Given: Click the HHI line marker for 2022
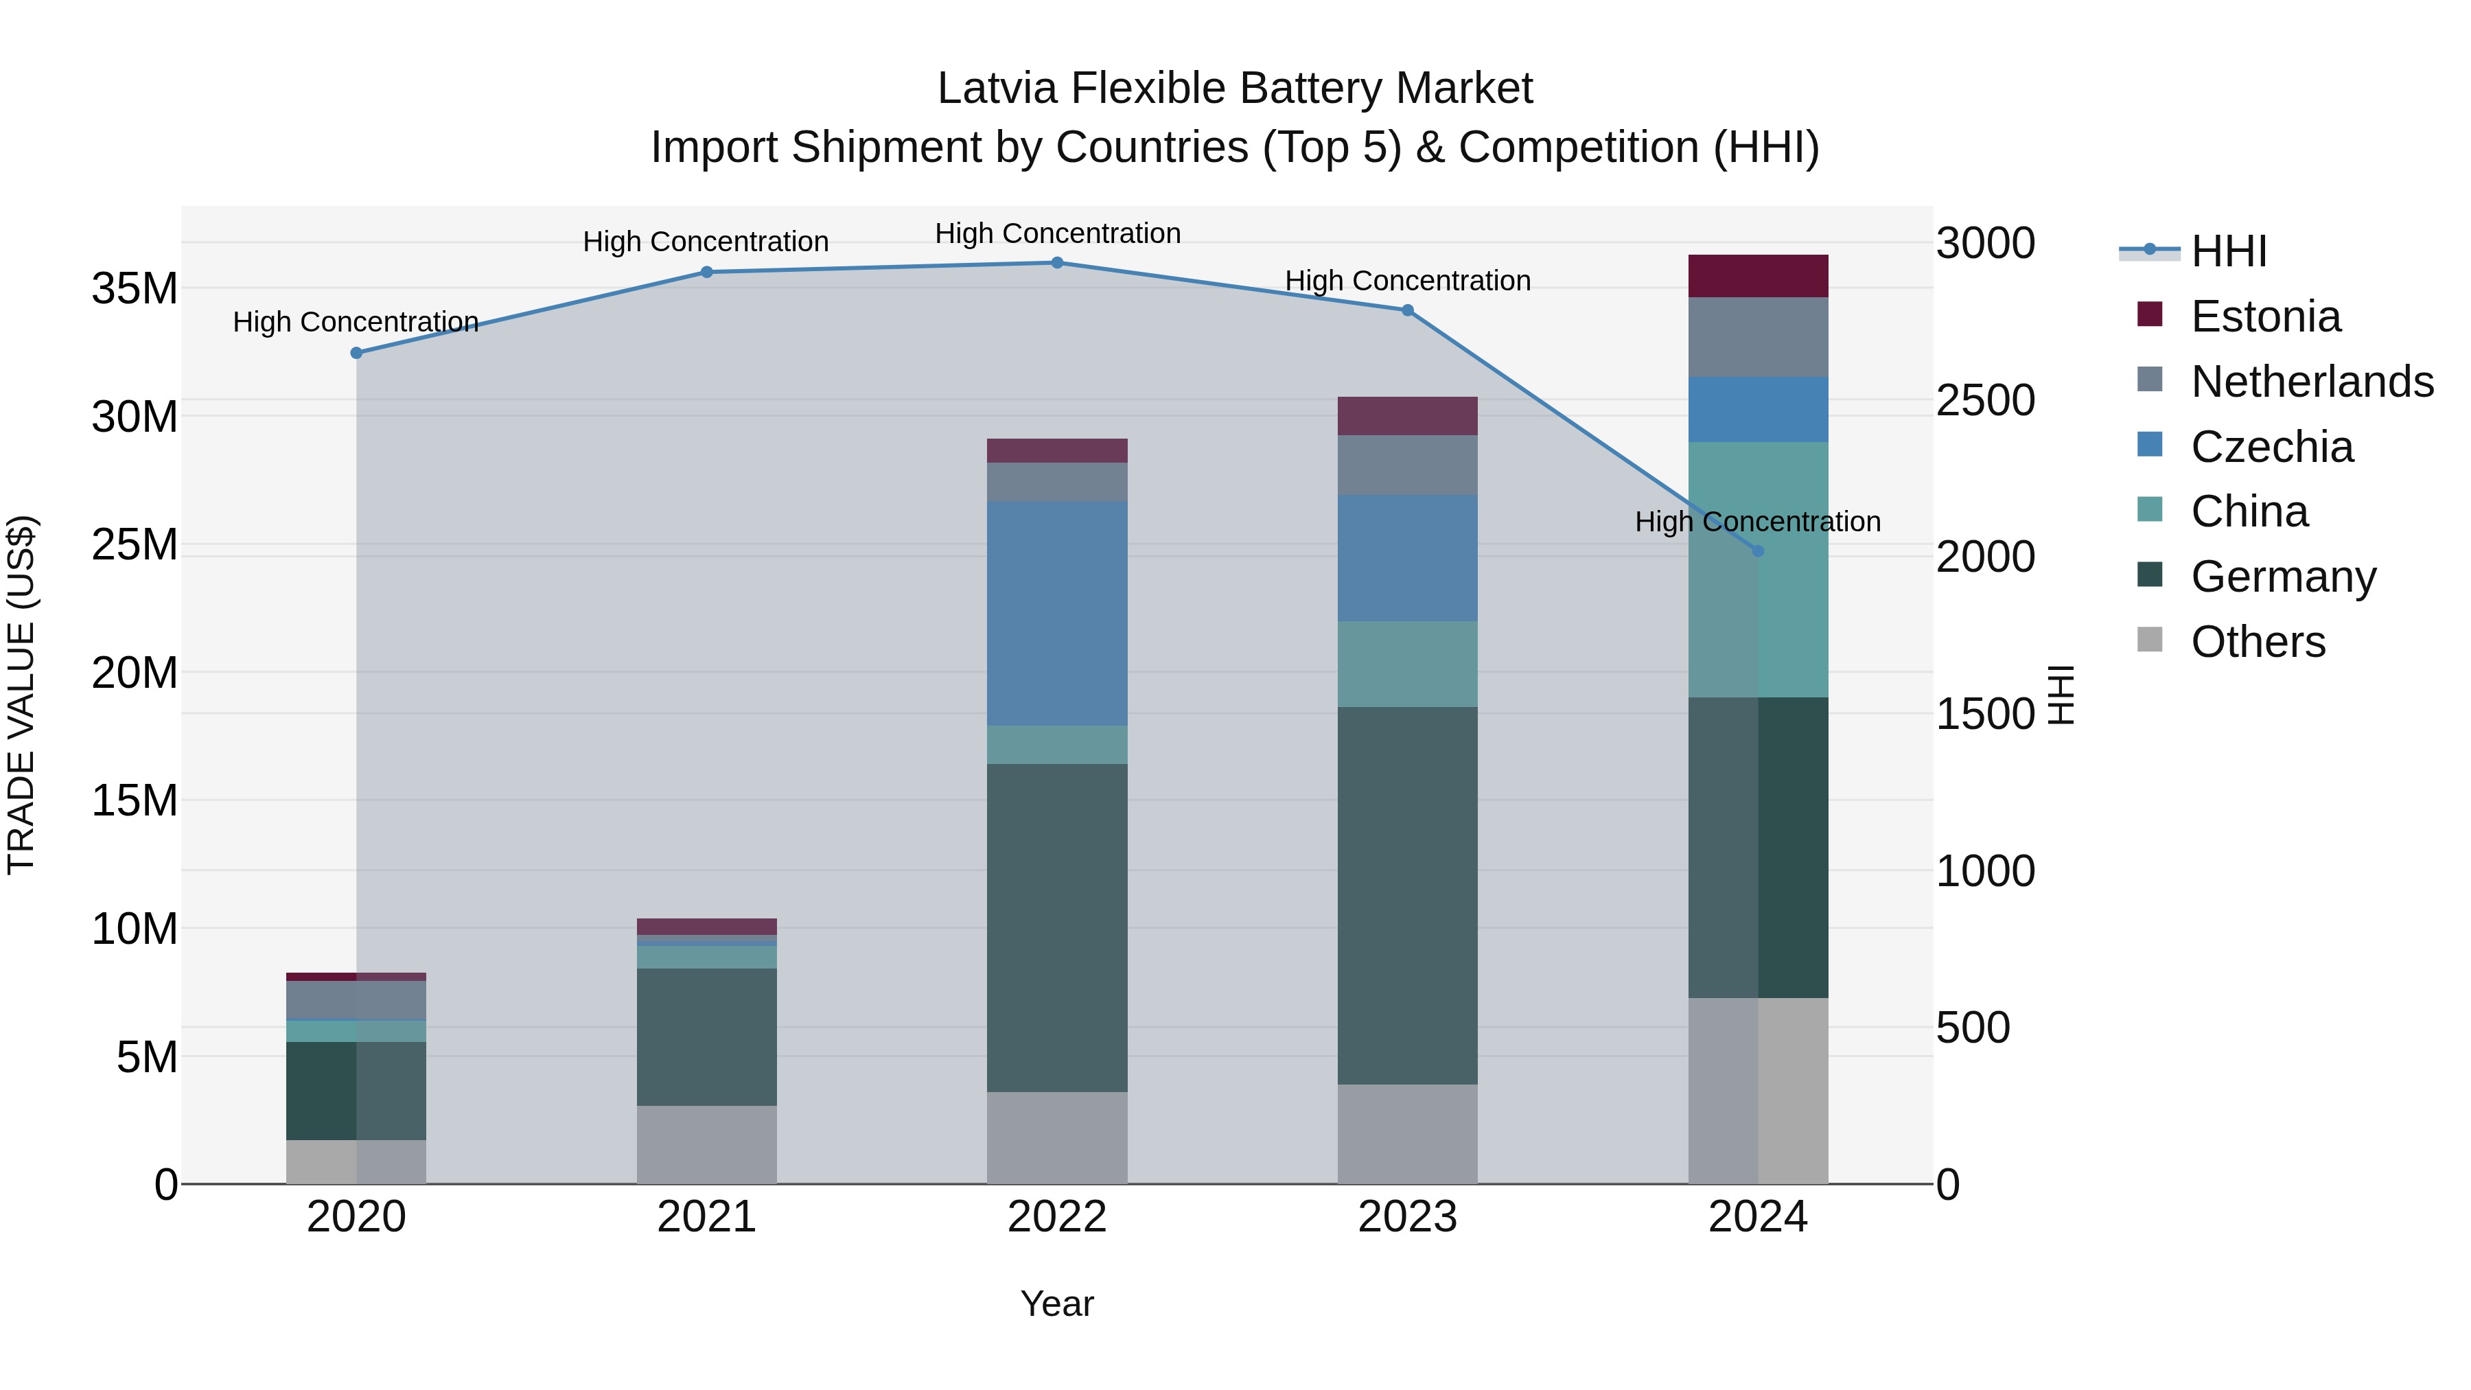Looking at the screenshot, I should pyautogui.click(x=1057, y=263).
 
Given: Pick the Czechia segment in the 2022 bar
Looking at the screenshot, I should pyautogui.click(x=1057, y=614).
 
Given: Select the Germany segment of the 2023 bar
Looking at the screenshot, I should pyautogui.click(x=1407, y=896).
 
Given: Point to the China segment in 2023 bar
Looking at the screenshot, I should pyautogui.click(x=1407, y=664).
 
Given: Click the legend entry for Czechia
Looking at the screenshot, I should pyautogui.click(x=2271, y=447).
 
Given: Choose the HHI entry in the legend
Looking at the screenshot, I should pyautogui.click(x=2228, y=251).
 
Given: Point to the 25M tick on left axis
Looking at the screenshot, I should pyautogui.click(x=135, y=545).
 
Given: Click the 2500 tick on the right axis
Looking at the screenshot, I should pyautogui.click(x=1984, y=400).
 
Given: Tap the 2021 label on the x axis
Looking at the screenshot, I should pyautogui.click(x=707, y=1217).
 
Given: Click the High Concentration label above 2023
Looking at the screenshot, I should pyautogui.click(x=1407, y=281).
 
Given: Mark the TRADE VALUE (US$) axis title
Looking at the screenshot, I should pyautogui.click(x=21, y=695).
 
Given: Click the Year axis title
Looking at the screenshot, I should pyautogui.click(x=1057, y=1304).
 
